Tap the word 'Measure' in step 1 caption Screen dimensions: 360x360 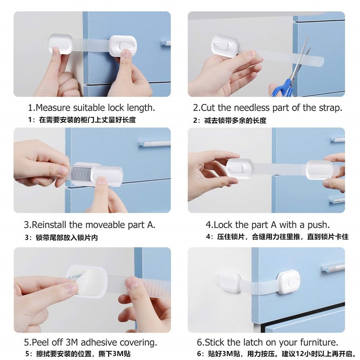[x=51, y=108]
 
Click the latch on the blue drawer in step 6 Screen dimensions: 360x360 [x=288, y=282]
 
